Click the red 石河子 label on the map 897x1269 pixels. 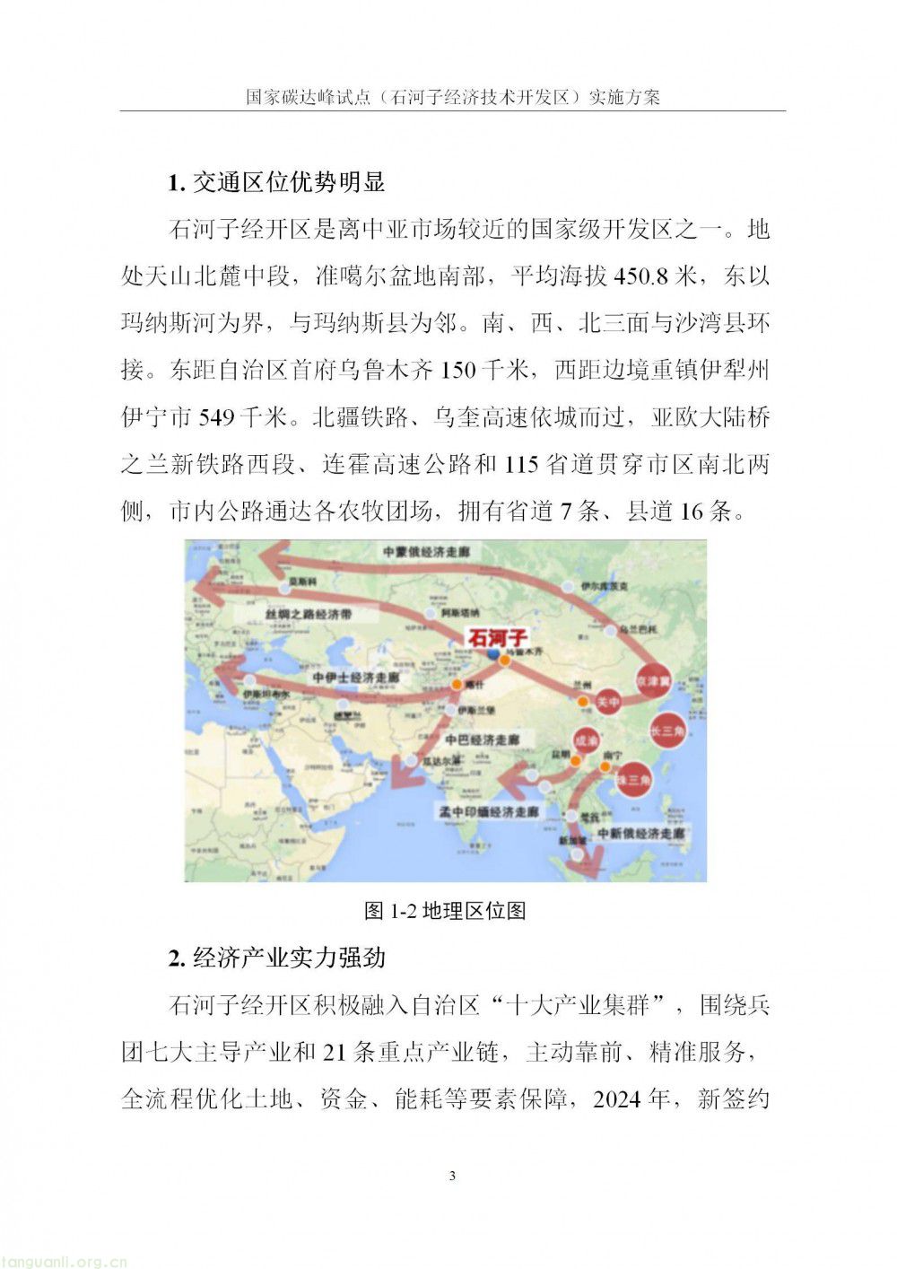coord(498,638)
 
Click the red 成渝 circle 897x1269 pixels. coord(585,741)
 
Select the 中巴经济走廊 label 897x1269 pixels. coord(482,740)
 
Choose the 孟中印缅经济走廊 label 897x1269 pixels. coord(488,811)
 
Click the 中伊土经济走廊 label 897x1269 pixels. coord(355,677)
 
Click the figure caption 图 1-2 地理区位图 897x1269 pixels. coord(446,911)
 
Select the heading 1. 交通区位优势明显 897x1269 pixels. coord(276,182)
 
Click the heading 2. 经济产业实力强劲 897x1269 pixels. coord(276,958)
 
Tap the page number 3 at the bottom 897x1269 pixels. coord(452,1176)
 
